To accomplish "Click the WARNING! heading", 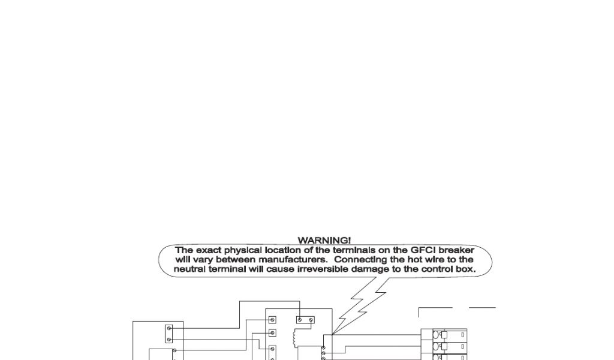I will pyautogui.click(x=324, y=241).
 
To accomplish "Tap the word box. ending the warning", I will pyautogui.click(x=465, y=269).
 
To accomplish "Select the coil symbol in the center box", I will pyautogui.click(x=294, y=338).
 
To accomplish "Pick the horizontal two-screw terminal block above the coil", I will pyautogui.click(x=305, y=320).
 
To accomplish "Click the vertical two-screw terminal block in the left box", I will pyautogui.click(x=169, y=334).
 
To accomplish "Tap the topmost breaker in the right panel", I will pyautogui.click(x=447, y=335).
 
